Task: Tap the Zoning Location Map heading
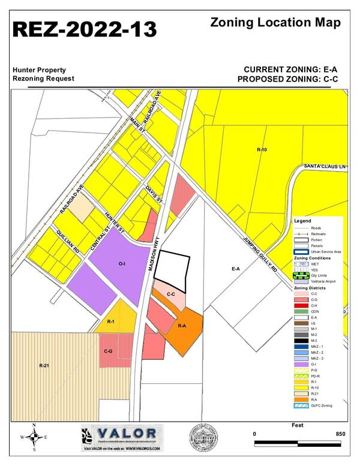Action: pyautogui.click(x=276, y=23)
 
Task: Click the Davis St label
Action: pyautogui.click(x=154, y=197)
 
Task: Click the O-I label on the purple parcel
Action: pyautogui.click(x=122, y=263)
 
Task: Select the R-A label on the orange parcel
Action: pyautogui.click(x=183, y=326)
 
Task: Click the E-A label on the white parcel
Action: pyautogui.click(x=236, y=269)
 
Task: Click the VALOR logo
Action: pyautogui.click(x=121, y=434)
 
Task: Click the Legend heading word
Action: pyautogui.click(x=302, y=221)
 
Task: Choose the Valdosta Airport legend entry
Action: pyautogui.click(x=322, y=281)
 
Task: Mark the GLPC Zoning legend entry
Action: pyautogui.click(x=321, y=405)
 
